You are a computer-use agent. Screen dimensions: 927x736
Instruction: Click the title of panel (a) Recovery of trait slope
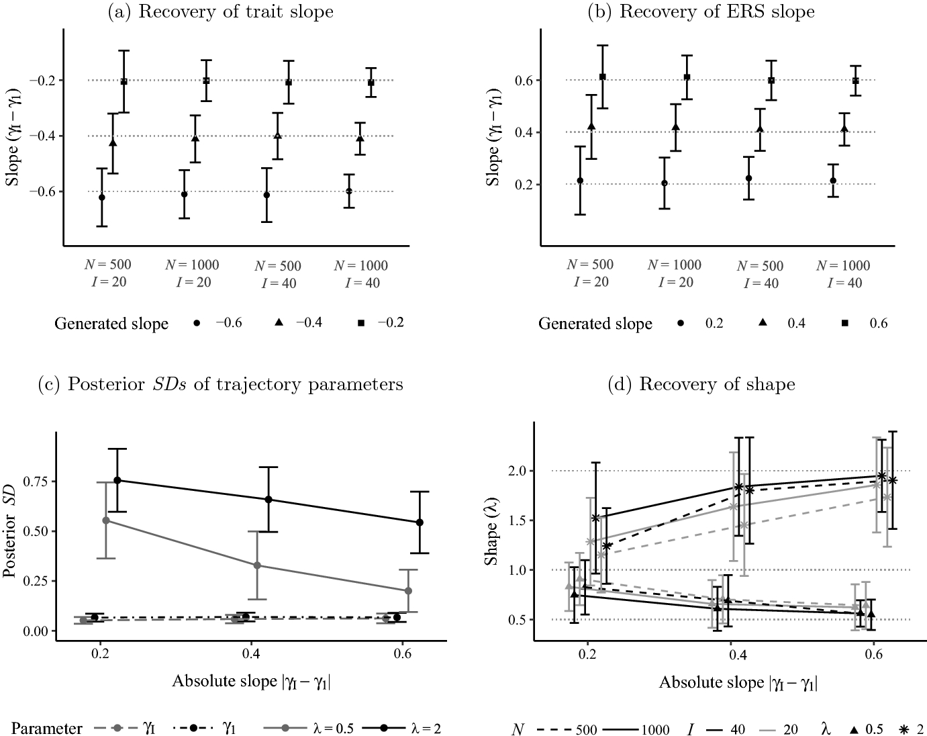point(219,11)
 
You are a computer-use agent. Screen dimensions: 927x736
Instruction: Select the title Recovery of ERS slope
point(717,11)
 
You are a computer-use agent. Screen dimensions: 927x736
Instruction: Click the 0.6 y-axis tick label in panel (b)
point(524,80)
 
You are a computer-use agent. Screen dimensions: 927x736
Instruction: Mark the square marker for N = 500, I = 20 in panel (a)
point(124,81)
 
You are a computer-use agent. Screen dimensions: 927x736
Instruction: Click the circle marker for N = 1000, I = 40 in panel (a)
point(349,191)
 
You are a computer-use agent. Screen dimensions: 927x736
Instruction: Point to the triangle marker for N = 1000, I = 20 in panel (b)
point(675,127)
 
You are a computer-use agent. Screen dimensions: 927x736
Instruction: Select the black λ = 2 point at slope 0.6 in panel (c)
point(420,522)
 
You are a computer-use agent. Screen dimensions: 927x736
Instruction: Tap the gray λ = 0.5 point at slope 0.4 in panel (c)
point(257,565)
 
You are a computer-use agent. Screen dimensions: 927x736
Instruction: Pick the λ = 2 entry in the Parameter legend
point(401,728)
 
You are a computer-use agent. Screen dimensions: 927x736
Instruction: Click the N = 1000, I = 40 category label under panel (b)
point(844,274)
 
